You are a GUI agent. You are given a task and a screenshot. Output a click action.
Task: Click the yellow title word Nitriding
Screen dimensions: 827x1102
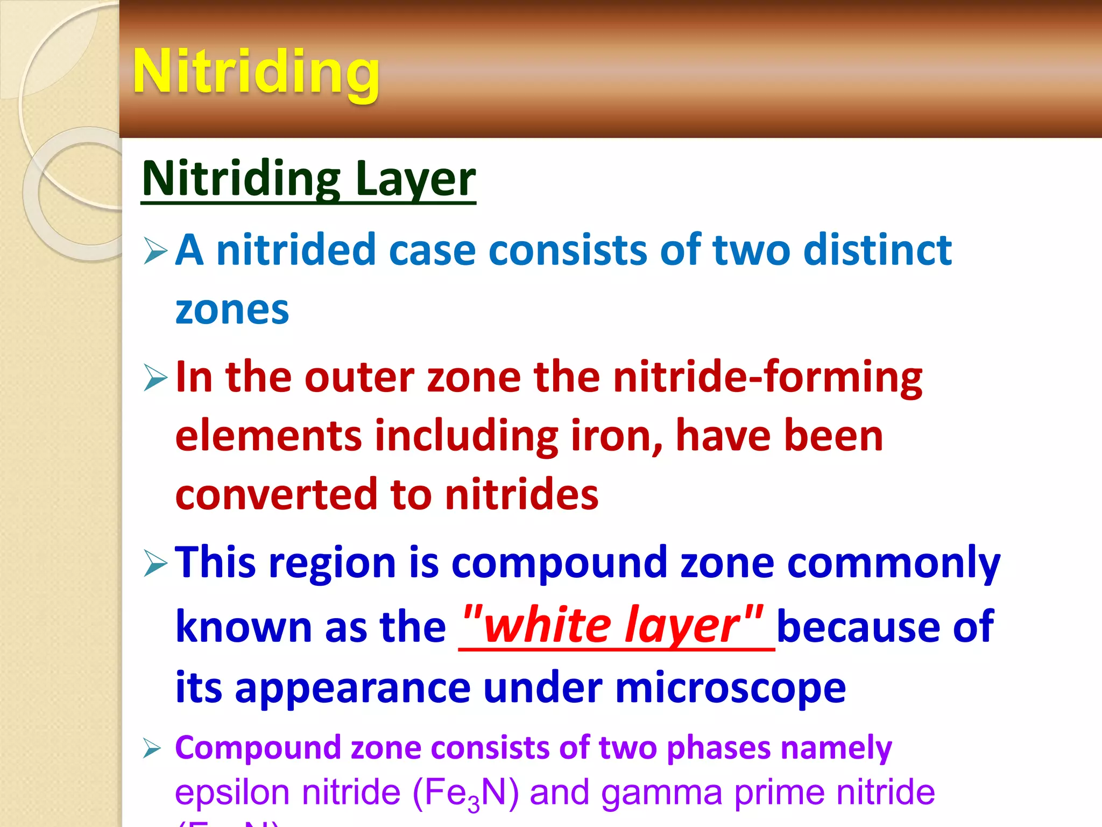(256, 72)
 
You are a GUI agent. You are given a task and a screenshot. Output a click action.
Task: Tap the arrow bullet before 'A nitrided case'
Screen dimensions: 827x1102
(156, 252)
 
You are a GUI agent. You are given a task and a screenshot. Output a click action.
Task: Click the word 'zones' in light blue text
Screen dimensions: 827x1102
(232, 310)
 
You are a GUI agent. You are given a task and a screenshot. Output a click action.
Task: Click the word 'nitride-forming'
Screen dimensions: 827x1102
(768, 377)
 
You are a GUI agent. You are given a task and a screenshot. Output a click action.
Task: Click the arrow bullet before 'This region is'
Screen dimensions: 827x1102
(156, 564)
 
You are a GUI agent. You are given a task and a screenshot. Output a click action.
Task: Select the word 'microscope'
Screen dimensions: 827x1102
(730, 688)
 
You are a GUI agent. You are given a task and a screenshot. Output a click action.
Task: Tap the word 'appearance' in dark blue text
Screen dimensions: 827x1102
(352, 689)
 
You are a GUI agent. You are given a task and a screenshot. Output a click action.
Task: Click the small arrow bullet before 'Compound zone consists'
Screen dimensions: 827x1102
(152, 749)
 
